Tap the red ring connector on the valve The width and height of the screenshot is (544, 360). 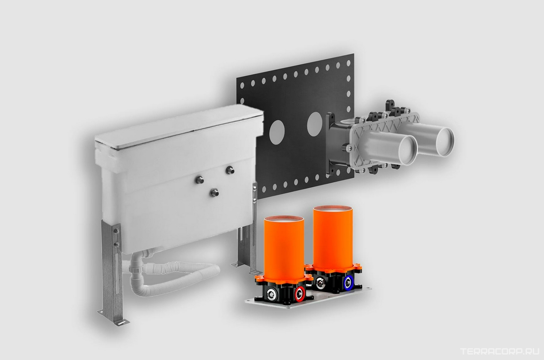point(300,294)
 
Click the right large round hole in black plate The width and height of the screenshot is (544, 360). point(314,124)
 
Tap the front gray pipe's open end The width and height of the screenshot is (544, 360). point(408,150)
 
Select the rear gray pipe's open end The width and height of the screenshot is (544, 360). point(445,142)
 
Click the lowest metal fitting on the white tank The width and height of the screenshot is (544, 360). point(214,193)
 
